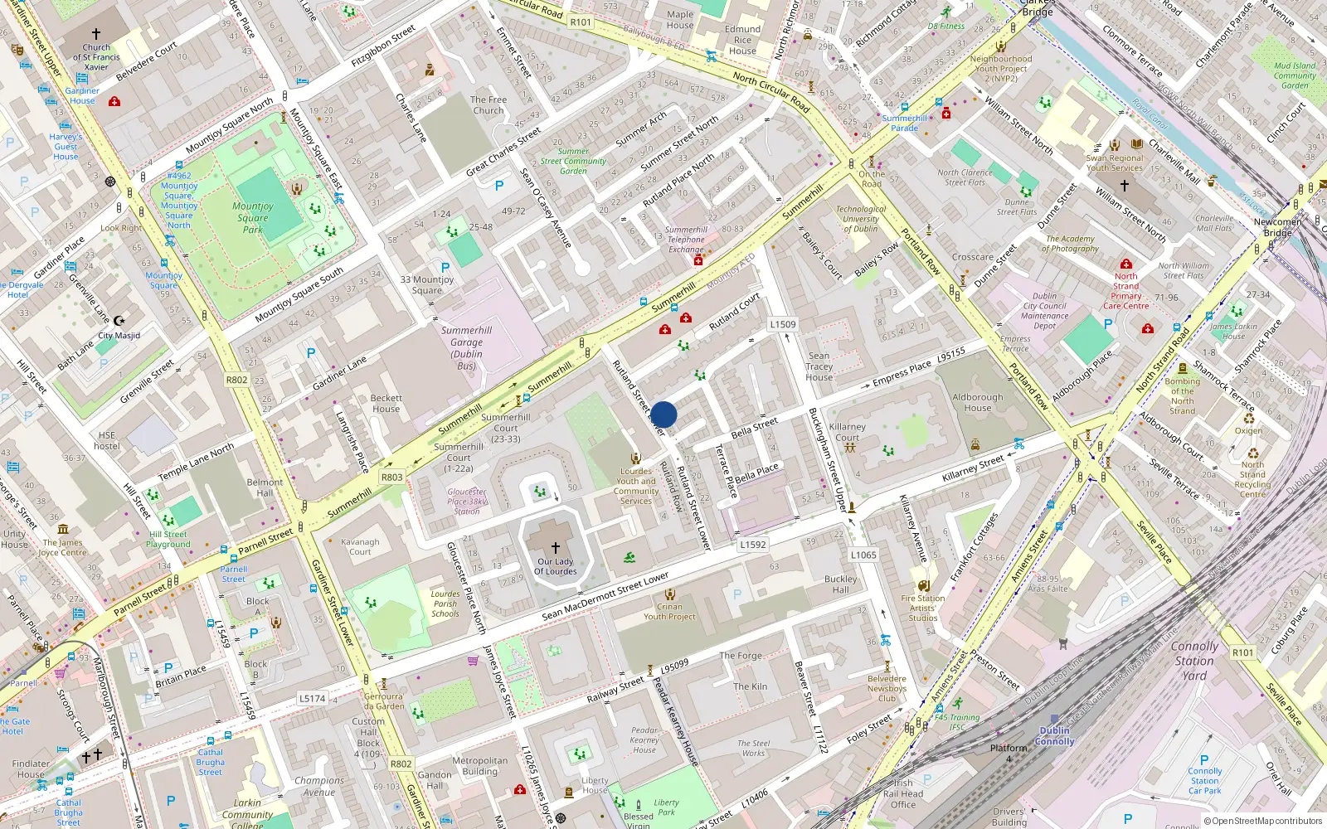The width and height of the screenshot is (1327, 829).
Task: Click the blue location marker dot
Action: (x=663, y=414)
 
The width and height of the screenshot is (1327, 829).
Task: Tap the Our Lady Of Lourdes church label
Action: (x=555, y=566)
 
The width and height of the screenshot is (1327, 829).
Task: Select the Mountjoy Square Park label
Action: (x=253, y=217)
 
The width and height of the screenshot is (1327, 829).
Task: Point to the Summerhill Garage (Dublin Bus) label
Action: (x=466, y=347)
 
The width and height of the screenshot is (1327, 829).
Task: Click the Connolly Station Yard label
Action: (x=1194, y=661)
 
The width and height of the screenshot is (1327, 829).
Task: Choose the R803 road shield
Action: (x=391, y=478)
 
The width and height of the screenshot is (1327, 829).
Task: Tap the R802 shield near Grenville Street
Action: (x=236, y=380)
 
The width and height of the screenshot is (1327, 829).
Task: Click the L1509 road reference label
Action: (x=782, y=325)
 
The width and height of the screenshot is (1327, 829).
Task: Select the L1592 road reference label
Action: (x=752, y=545)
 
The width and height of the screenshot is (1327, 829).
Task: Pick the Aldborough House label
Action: (x=977, y=402)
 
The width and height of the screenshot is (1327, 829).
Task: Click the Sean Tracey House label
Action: (x=819, y=366)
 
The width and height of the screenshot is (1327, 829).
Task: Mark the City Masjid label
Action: (x=119, y=336)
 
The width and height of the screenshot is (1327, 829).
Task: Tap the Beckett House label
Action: (x=386, y=403)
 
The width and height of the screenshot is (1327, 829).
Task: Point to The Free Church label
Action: (x=489, y=104)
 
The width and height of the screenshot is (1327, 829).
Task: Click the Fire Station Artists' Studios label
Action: (x=922, y=608)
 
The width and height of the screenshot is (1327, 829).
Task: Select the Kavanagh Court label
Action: (x=360, y=546)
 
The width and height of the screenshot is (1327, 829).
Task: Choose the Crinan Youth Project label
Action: (x=669, y=611)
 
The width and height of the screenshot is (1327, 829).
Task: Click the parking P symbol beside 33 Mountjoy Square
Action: (x=445, y=268)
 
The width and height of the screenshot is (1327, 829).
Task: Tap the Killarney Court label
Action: (x=847, y=432)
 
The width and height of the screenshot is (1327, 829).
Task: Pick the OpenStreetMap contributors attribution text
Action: (x=1262, y=821)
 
